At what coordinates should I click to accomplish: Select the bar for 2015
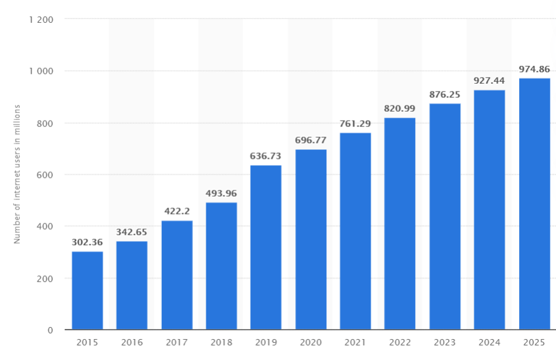87,291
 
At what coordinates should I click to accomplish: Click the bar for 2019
266,248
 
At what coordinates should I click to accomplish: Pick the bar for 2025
534,204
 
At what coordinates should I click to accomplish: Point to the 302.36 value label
87,242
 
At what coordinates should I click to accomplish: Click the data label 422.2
176,211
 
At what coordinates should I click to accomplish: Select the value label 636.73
266,156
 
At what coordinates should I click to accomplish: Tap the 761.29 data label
355,123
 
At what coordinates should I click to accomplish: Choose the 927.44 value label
489,81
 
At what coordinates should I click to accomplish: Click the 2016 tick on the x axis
132,342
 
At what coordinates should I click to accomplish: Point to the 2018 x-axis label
222,342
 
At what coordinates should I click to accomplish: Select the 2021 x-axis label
355,342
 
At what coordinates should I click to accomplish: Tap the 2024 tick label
489,342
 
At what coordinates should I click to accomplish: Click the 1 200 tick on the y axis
41,19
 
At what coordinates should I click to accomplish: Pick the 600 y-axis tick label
46,175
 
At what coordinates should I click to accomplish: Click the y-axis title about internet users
18,173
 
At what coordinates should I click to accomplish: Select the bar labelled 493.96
222,266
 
